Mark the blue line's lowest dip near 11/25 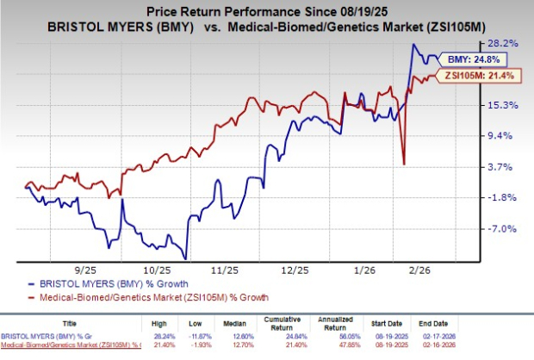point(186,257)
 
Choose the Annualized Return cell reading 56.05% point(351,338)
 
